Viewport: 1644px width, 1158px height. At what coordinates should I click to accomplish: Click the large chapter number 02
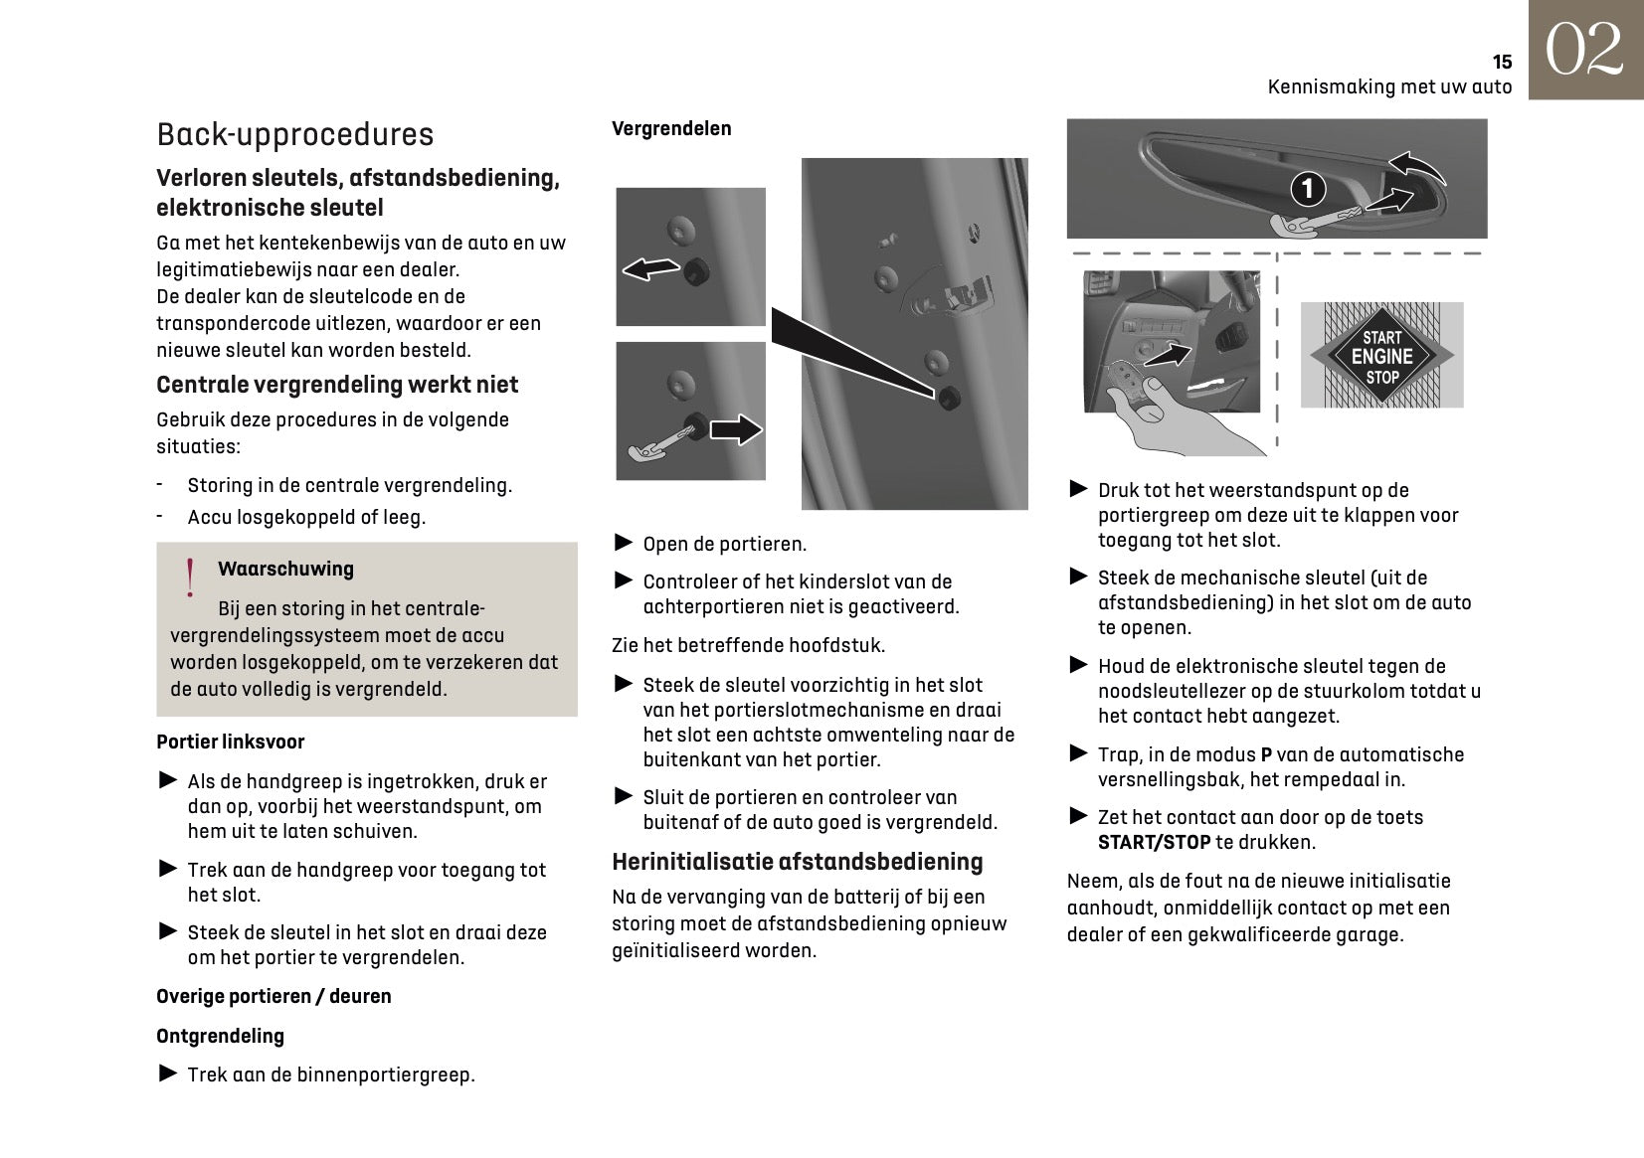1585,51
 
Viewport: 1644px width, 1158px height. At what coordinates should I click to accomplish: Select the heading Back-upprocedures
295,134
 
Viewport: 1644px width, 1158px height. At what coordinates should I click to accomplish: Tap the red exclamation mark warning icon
189,578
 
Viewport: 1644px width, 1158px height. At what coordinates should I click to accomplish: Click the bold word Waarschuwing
285,569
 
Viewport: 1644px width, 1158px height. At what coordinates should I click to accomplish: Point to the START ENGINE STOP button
1381,356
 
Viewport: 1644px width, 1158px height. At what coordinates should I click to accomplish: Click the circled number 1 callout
1308,188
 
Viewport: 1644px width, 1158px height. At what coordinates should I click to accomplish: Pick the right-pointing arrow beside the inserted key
735,429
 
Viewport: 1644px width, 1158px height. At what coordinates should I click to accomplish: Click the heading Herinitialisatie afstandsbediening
797,862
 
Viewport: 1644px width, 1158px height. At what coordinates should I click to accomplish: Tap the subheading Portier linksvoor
230,742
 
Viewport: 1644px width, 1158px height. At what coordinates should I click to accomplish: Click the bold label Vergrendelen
671,128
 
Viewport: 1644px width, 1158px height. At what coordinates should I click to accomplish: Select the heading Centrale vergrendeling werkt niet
337,385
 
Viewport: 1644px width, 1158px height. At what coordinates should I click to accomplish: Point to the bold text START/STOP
1154,842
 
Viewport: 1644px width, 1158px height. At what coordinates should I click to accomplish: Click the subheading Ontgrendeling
220,1036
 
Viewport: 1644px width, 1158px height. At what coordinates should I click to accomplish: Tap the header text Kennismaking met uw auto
1388,86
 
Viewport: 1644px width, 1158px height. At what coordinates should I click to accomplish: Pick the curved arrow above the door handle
1416,166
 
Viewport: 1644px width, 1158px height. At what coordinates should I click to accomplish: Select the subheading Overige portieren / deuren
274,996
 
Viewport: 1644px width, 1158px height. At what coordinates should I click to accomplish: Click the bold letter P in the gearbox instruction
1266,754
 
